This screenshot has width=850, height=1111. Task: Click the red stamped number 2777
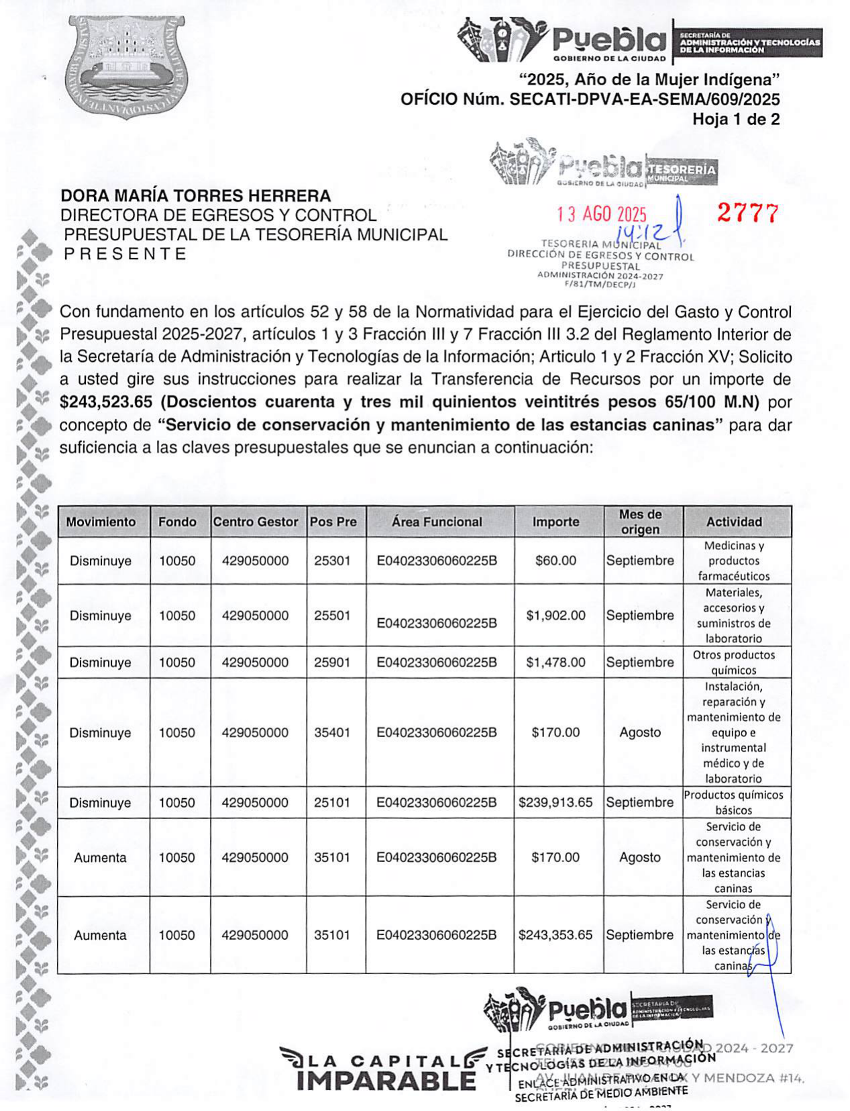click(x=747, y=213)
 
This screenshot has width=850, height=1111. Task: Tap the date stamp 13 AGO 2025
click(x=602, y=214)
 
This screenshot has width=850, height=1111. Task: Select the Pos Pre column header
click(x=333, y=522)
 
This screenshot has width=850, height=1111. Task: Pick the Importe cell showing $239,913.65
click(x=555, y=802)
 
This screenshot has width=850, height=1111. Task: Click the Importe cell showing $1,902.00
click(x=555, y=615)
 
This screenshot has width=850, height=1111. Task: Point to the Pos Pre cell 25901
click(x=332, y=662)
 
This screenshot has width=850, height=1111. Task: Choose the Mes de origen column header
click(x=640, y=522)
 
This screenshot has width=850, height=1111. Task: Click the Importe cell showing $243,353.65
click(x=555, y=934)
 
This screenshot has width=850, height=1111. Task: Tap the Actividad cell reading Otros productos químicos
click(x=733, y=662)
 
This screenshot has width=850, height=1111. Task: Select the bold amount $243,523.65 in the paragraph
click(x=106, y=402)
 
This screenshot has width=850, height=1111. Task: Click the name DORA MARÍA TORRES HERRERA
click(x=195, y=196)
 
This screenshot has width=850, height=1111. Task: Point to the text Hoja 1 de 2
click(x=736, y=119)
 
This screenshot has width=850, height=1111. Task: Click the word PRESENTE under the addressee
click(x=125, y=254)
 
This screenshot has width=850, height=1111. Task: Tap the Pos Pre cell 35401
click(x=332, y=732)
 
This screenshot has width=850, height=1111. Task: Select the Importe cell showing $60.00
click(x=555, y=561)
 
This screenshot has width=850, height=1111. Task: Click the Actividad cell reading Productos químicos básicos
click(x=733, y=802)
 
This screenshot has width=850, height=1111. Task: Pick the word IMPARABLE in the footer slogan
click(x=386, y=1081)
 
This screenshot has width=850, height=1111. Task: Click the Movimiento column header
click(x=101, y=522)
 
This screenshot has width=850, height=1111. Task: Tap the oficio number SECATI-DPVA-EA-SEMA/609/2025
click(x=645, y=99)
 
